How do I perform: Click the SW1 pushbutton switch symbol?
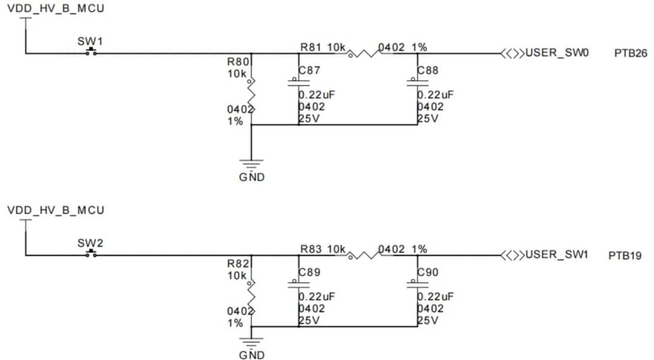[x=91, y=52]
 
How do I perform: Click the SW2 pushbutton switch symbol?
[x=91, y=253]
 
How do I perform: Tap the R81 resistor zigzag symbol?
[x=363, y=53]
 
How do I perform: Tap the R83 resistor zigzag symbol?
[x=363, y=255]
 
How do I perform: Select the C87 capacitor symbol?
[x=298, y=83]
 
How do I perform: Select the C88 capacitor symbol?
[x=417, y=83]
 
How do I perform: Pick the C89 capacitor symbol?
[x=298, y=284]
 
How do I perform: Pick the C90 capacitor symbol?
[x=417, y=284]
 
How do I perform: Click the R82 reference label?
[x=237, y=264]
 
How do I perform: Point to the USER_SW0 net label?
[x=557, y=53]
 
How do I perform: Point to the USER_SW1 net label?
[x=557, y=255]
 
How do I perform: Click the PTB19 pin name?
[x=625, y=256]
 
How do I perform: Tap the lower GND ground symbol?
[x=251, y=342]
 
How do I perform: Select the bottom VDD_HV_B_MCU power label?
[x=55, y=210]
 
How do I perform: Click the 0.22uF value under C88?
[x=435, y=95]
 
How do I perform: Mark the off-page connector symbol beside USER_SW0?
[x=512, y=53]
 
